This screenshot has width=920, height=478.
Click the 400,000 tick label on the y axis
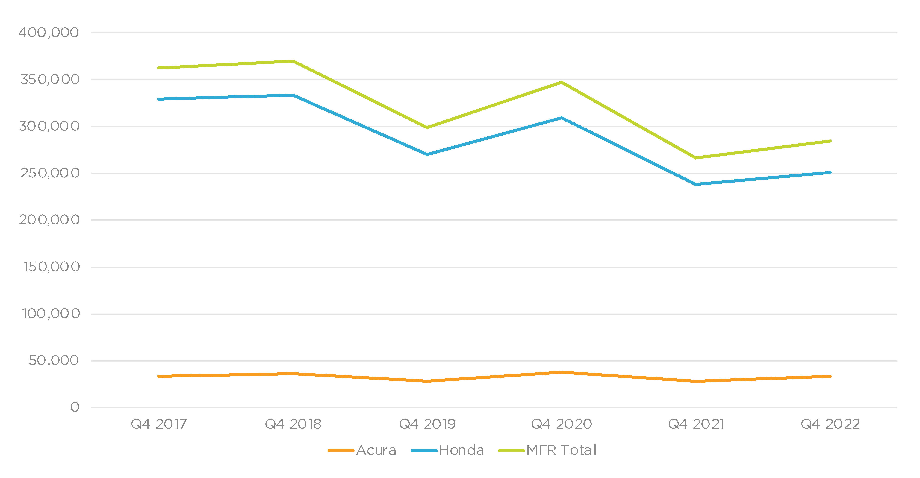pos(49,33)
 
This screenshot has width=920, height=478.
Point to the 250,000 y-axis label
pos(50,173)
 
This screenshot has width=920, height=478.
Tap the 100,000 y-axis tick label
pos(51,314)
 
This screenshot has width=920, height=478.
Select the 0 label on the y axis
pos(75,407)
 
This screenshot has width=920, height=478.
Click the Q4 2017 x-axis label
pos(159,424)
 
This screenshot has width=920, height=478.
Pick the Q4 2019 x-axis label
pos(427,424)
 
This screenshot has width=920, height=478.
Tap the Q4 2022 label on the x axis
pos(830,424)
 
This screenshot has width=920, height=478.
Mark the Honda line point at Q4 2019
pos(427,154)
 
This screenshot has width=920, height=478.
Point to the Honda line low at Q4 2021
pos(696,184)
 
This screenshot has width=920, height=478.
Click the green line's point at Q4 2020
pos(562,82)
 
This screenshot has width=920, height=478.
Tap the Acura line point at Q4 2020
pos(562,372)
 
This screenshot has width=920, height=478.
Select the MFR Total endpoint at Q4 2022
pos(830,141)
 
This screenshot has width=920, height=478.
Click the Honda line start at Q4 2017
pos(159,99)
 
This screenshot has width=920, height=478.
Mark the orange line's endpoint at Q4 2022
pos(830,376)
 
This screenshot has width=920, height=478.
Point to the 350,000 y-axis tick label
pos(50,79)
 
